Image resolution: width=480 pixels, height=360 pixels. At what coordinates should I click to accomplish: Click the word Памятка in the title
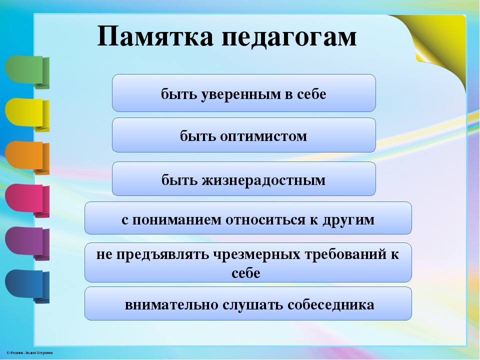coord(155,36)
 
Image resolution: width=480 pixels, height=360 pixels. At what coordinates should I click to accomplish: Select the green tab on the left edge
coord(27,72)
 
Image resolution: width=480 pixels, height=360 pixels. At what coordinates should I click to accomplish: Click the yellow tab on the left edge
coord(27,115)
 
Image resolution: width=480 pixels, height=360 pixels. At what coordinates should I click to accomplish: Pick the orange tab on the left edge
coord(27,158)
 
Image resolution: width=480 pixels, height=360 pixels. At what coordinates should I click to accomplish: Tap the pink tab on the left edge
coord(27,201)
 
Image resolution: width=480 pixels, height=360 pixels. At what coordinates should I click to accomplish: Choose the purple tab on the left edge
coord(27,243)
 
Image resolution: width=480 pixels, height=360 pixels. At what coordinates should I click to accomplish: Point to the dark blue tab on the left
coord(27,286)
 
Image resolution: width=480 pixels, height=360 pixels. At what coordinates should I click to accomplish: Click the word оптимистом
coord(263,136)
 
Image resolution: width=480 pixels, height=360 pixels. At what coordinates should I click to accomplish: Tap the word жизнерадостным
coord(263,180)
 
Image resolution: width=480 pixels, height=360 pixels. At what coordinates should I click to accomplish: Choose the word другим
coord(348,220)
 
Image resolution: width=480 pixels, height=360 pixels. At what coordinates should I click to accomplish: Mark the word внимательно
coord(171,305)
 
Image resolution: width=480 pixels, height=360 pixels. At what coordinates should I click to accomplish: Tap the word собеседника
coord(331,305)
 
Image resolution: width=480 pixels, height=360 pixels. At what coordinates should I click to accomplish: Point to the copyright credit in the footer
coord(29,353)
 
